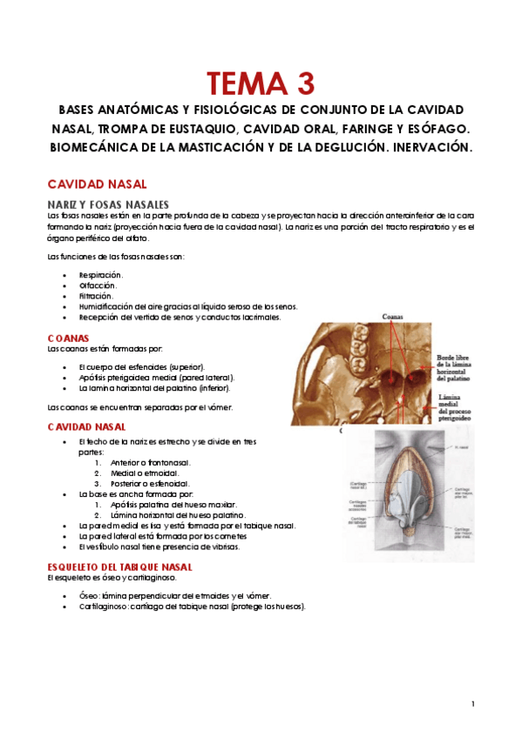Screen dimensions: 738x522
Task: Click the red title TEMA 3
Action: tap(261, 84)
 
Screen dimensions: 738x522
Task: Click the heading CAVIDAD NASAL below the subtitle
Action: tap(96, 184)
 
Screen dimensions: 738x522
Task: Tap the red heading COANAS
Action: tap(68, 338)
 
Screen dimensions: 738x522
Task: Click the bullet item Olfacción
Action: tap(98, 285)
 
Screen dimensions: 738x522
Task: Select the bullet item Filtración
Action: tap(96, 296)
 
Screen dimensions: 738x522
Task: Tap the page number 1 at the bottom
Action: tap(471, 703)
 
